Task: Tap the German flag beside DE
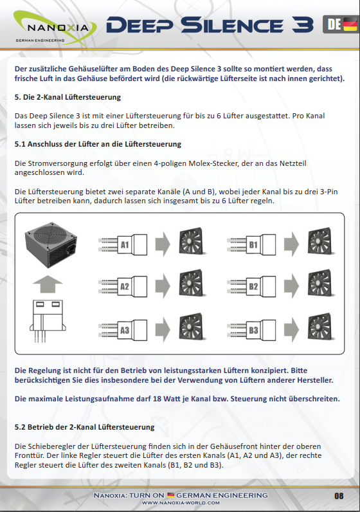pos(350,24)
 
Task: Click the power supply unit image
pos(51,245)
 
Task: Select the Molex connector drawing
pos(48,321)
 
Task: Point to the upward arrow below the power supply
pos(48,284)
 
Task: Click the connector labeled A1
pos(123,244)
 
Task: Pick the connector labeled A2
pos(123,286)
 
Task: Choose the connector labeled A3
pos(123,330)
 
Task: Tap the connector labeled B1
pos(251,244)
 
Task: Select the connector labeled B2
pos(251,286)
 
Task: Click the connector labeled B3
pos(251,330)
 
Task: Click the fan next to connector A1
pos(192,241)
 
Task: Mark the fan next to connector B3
pos(321,327)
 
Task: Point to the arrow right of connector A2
pos(163,286)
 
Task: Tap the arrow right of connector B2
pos(291,286)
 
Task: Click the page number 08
pos(339,496)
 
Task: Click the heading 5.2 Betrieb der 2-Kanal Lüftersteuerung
pos(84,427)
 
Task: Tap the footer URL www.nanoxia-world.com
pos(181,503)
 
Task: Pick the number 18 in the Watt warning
pos(157,399)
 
